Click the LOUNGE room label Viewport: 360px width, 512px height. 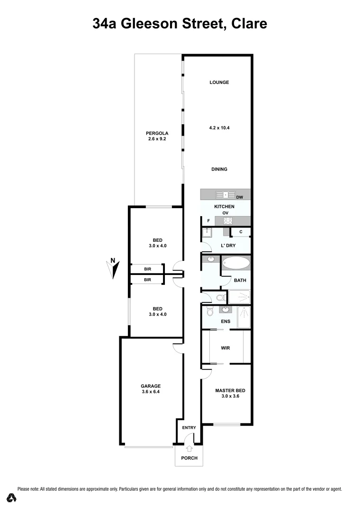[x=219, y=82]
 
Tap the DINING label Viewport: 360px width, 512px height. [x=219, y=169]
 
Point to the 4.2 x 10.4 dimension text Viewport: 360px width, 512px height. [x=219, y=128]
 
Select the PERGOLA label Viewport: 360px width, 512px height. [x=157, y=133]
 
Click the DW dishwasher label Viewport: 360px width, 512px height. [x=240, y=197]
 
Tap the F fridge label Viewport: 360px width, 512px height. [x=208, y=221]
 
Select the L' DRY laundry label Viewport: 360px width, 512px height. [x=229, y=246]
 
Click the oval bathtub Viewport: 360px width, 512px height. [x=235, y=263]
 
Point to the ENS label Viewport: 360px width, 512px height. [x=226, y=321]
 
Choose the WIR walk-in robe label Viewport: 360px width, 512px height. [x=225, y=348]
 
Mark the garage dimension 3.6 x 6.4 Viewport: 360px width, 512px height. [x=150, y=392]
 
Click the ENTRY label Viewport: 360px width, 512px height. [x=189, y=428]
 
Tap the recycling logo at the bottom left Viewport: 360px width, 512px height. [x=12, y=498]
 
